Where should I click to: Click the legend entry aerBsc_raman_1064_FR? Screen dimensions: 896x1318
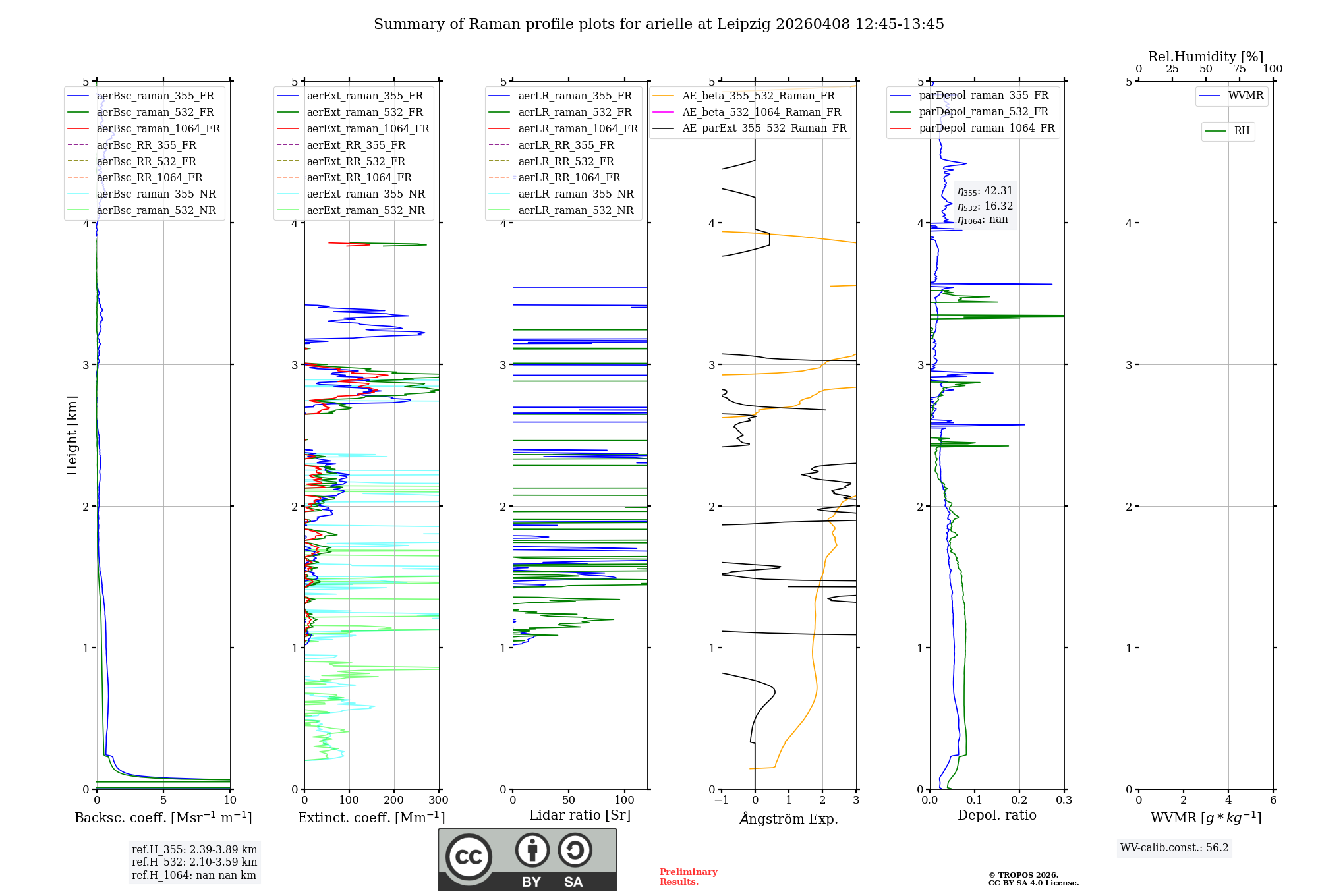point(158,129)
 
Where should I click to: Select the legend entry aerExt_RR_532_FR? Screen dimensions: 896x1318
point(356,162)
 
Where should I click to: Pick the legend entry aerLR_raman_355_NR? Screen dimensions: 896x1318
point(575,194)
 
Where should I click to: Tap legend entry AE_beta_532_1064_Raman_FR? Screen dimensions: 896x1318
point(761,113)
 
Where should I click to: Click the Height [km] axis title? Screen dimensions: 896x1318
point(72,435)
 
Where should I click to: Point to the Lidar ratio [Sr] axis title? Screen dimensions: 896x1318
point(579,816)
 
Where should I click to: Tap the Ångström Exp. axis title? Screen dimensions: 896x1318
point(788,819)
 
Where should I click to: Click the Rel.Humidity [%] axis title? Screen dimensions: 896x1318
point(1205,57)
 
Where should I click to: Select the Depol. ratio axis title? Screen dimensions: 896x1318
point(996,816)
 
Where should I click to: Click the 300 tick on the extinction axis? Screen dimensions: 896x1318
point(438,800)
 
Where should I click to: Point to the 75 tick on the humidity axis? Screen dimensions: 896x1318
point(1239,69)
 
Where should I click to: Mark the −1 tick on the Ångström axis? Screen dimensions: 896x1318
point(721,800)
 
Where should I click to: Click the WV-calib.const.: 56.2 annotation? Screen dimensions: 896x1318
point(1174,848)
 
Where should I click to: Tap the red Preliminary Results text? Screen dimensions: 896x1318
point(688,877)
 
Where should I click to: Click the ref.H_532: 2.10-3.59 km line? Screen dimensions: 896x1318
point(194,862)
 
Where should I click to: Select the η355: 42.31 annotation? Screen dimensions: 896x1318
point(985,191)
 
